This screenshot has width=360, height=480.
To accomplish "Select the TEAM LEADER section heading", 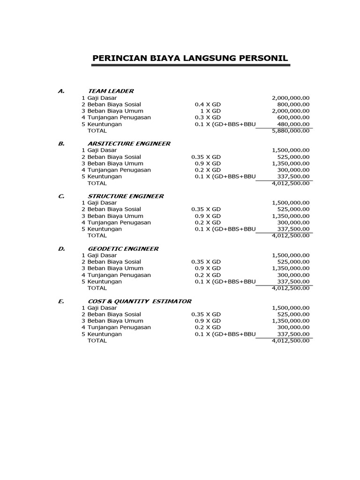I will pyautogui.click(x=111, y=91).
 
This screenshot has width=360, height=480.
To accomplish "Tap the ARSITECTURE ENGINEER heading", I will pyautogui.click(x=129, y=143).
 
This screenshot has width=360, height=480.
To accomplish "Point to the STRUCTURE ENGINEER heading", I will pyautogui.click(x=126, y=196).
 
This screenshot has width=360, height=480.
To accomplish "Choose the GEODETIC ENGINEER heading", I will pyautogui.click(x=123, y=249).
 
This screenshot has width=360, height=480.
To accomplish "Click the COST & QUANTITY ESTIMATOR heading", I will pyautogui.click(x=139, y=301).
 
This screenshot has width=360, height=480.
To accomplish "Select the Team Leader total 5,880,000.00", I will pyautogui.click(x=291, y=131).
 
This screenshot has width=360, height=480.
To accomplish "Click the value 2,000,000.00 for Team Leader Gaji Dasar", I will pyautogui.click(x=291, y=98).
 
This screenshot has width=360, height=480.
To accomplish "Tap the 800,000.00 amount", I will pyautogui.click(x=293, y=104).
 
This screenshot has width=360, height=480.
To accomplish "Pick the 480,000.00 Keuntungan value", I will pyautogui.click(x=293, y=124).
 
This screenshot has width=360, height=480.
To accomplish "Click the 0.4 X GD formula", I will pyautogui.click(x=208, y=104).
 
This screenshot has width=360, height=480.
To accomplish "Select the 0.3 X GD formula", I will pyautogui.click(x=208, y=117).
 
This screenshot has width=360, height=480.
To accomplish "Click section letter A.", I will pyautogui.click(x=61, y=91).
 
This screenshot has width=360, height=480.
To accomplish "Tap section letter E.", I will pyautogui.click(x=61, y=301).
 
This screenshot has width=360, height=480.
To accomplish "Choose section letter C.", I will pyautogui.click(x=61, y=196).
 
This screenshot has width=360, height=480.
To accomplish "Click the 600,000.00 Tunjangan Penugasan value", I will pyautogui.click(x=293, y=117).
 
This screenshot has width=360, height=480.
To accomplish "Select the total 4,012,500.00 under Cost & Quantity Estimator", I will pyautogui.click(x=291, y=341).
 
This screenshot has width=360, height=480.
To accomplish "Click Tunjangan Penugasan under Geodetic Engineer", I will pyautogui.click(x=119, y=275).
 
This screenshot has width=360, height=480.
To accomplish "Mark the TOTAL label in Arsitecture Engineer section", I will pyautogui.click(x=97, y=183).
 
